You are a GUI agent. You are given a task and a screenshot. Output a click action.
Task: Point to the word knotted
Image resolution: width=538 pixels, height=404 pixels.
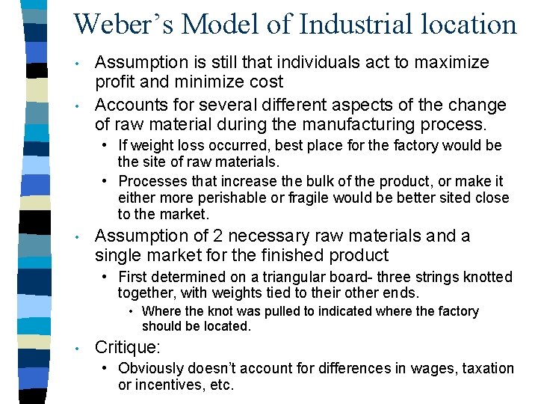[x=486, y=278]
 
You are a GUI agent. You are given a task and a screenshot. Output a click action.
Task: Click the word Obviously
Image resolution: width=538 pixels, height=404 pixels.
[x=154, y=368]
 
